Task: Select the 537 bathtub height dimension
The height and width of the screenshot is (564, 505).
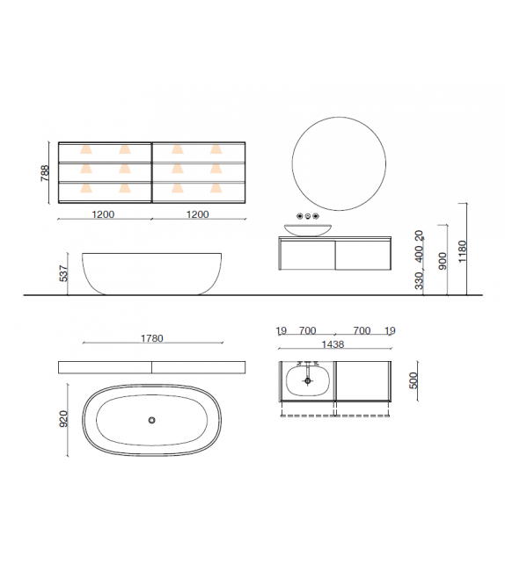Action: click(x=62, y=274)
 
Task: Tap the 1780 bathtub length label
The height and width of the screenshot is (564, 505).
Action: click(x=151, y=338)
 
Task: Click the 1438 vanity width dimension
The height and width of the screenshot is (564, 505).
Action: click(x=335, y=345)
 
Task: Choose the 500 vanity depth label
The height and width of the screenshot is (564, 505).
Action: click(x=414, y=381)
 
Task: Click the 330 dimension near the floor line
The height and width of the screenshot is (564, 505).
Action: click(x=419, y=281)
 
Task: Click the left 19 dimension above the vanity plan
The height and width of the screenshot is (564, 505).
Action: click(x=282, y=331)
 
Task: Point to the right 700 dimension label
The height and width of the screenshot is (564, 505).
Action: click(x=362, y=331)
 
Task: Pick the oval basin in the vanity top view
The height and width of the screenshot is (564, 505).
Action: click(x=308, y=381)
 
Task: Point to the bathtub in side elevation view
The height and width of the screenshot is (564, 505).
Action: click(x=151, y=273)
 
